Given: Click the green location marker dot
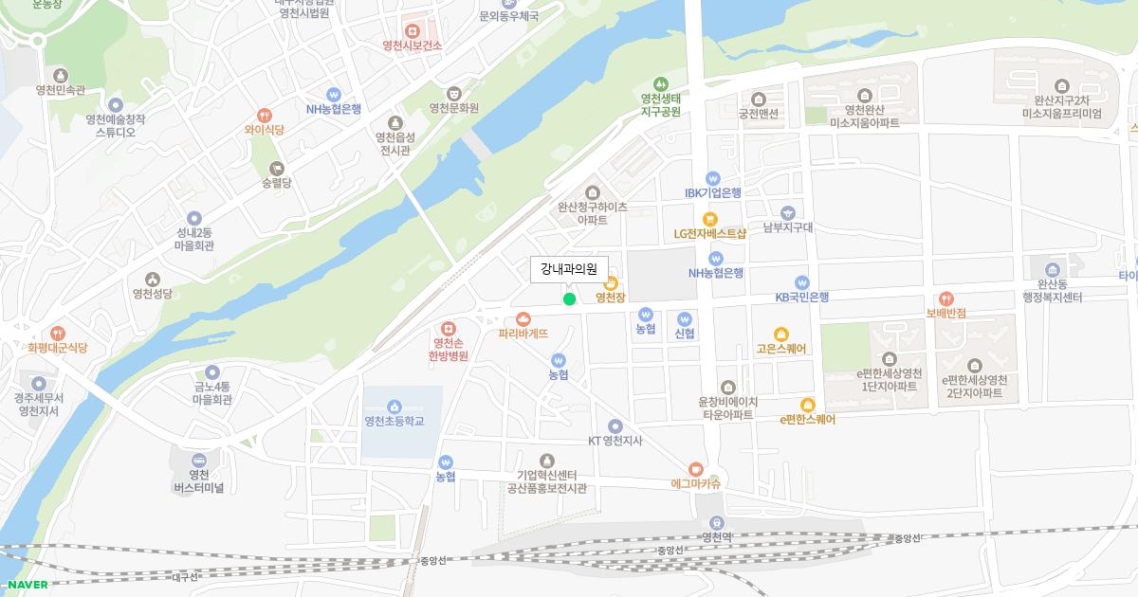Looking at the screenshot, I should pos(569,299).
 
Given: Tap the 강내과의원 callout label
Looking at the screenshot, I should pos(569,269).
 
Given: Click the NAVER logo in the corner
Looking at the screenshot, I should pos(27,585).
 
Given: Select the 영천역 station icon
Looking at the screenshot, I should pos(717,521).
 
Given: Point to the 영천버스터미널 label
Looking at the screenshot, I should pos(198,481).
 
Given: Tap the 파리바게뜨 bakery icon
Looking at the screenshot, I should pos(523,319).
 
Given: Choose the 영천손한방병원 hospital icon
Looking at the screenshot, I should pos(449,328).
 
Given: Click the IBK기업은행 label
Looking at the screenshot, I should pos(713,192).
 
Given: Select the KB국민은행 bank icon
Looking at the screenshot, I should pos(801,282).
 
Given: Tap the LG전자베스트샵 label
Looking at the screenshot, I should pos(710,233).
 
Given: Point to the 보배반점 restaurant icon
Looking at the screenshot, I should pos(945,298).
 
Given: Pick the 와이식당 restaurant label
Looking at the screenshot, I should pos(264,130).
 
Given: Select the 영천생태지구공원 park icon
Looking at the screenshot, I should pos(660,82).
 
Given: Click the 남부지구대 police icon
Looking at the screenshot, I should pos(788,212).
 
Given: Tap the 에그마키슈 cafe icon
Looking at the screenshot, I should pos(695,468).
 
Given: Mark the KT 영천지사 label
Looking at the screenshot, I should pos(615,441).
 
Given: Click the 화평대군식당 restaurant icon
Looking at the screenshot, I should pos(57,333).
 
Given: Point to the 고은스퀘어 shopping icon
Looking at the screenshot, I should pos(780,334).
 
